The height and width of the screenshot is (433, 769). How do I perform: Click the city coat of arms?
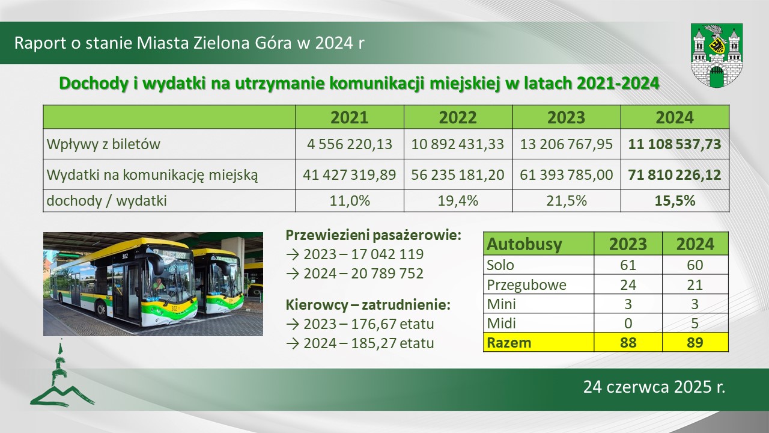[x=717, y=55]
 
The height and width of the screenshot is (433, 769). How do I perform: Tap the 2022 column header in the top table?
[x=458, y=117]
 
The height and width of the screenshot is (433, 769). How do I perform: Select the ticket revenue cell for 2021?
[x=350, y=144]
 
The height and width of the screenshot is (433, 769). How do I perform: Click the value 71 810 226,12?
[x=675, y=175]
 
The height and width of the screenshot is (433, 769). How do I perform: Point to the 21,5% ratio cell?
[x=567, y=201]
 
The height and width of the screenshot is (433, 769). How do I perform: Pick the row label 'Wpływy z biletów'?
[x=103, y=144]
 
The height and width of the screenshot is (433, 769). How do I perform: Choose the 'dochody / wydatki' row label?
[x=106, y=201]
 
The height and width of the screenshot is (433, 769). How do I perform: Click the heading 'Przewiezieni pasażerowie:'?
[x=374, y=235]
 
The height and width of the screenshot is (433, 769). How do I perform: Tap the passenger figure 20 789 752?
[x=387, y=274]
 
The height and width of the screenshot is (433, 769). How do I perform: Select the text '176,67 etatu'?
[x=392, y=324]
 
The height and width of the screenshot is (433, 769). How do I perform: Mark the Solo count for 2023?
[x=628, y=265]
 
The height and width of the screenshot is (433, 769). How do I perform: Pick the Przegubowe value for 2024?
[x=695, y=285]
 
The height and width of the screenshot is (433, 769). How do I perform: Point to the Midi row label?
[x=501, y=324]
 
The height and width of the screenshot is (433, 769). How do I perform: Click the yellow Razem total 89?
[x=695, y=343]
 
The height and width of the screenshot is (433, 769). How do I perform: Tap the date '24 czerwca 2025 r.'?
[x=654, y=387]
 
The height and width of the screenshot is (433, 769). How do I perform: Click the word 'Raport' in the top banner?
[x=40, y=43]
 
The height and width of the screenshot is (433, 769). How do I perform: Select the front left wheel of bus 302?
[x=101, y=309]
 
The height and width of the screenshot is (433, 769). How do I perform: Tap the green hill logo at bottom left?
[x=62, y=378]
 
